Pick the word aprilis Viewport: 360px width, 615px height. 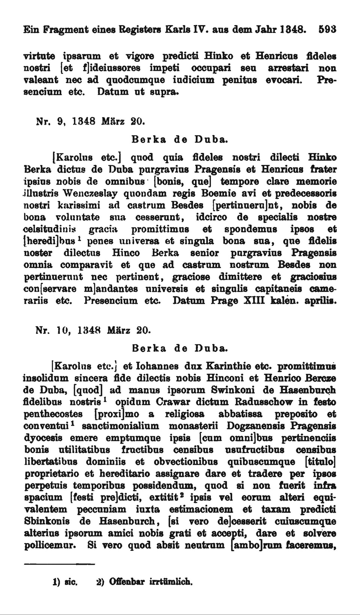pos(320,301)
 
